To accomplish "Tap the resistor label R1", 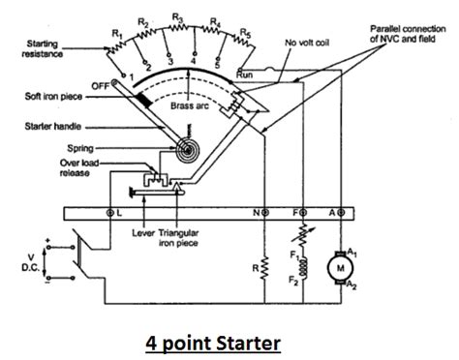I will (116, 34).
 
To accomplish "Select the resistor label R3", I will (177, 17).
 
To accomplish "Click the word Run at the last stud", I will (246, 74).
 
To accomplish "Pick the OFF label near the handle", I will (97, 85).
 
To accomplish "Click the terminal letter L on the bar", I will (119, 212).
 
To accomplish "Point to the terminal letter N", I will (256, 212).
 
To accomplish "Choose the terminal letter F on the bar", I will (297, 212).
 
